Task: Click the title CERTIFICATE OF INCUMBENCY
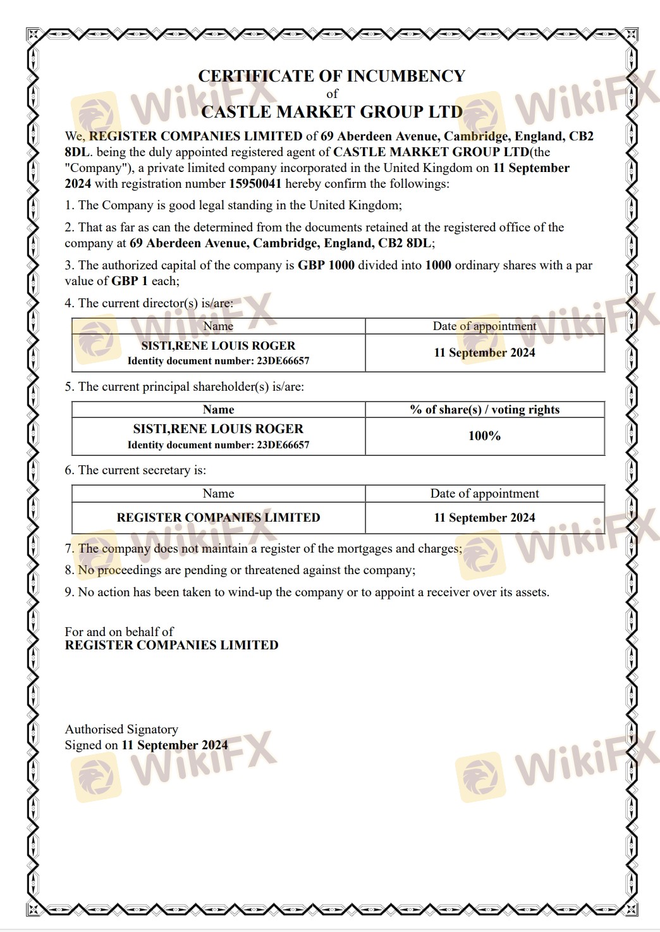pyautogui.click(x=331, y=77)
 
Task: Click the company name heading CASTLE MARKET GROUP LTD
pyautogui.click(x=331, y=112)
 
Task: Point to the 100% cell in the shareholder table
pyautogui.click(x=484, y=436)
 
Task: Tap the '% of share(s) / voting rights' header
pyautogui.click(x=484, y=410)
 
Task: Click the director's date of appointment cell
pyautogui.click(x=484, y=353)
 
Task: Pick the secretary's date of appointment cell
pyautogui.click(x=484, y=518)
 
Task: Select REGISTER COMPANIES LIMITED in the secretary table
pyautogui.click(x=218, y=518)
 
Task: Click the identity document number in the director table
pyautogui.click(x=218, y=361)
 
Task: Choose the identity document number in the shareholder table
pyautogui.click(x=218, y=445)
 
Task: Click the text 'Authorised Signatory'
pyautogui.click(x=121, y=730)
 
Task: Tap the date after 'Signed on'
pyautogui.click(x=174, y=745)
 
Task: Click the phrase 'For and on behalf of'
pyautogui.click(x=119, y=632)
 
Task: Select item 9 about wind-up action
pyautogui.click(x=307, y=592)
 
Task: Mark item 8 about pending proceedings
pyautogui.click(x=240, y=570)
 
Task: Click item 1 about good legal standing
pyautogui.click(x=233, y=205)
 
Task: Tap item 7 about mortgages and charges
pyautogui.click(x=263, y=549)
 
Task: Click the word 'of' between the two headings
pyautogui.click(x=332, y=94)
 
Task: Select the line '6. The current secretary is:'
pyautogui.click(x=135, y=470)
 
